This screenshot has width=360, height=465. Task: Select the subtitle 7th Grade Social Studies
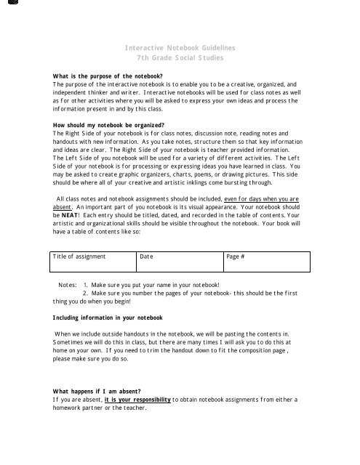point(180,57)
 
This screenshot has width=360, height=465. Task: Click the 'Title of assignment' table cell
point(79,256)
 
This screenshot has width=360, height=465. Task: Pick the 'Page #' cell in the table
point(235,256)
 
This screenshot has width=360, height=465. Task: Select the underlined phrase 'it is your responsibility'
point(137,400)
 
